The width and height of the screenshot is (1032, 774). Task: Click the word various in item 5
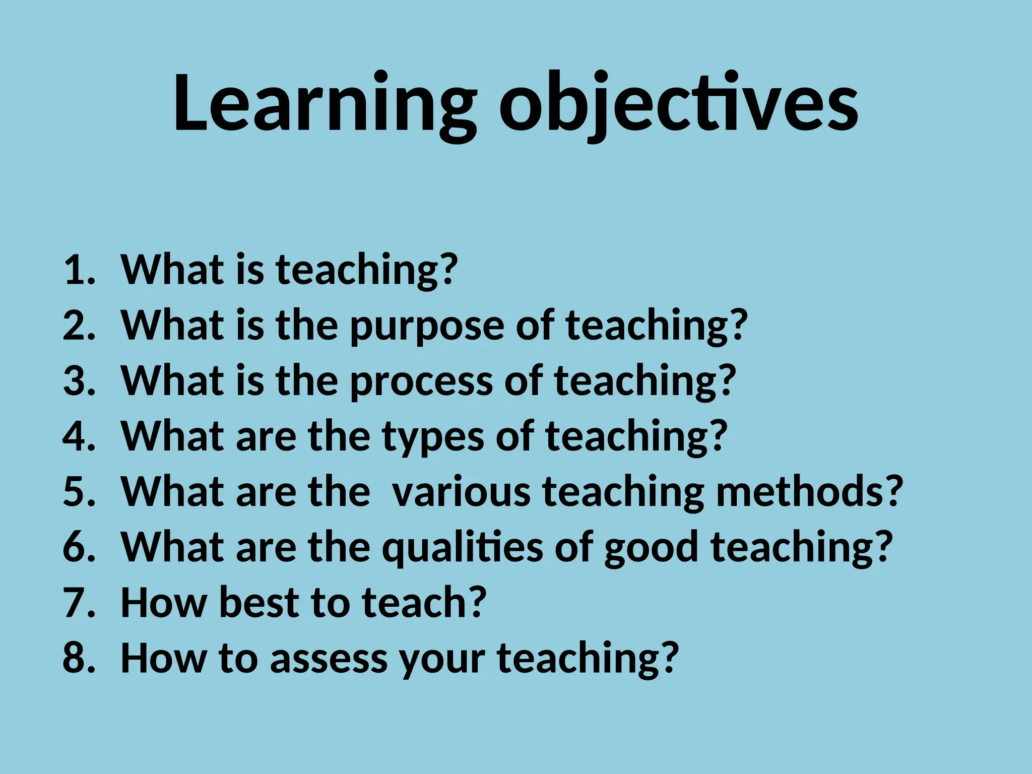point(461,491)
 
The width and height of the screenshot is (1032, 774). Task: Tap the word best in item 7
point(260,603)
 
